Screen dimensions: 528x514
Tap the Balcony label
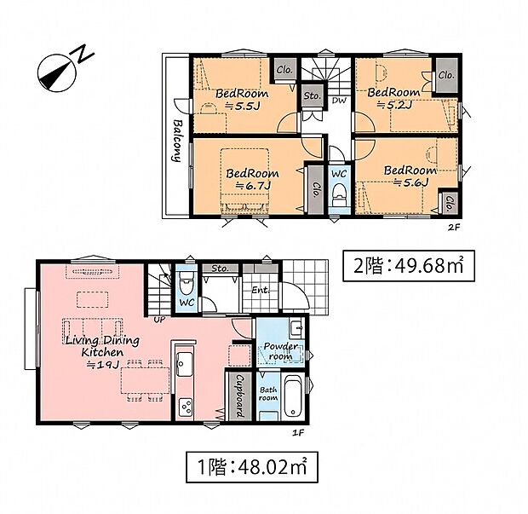coord(176,140)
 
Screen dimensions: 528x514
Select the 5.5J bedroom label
coord(242,100)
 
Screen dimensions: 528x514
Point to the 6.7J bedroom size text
coord(253,185)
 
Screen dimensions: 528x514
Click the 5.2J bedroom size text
coord(393,105)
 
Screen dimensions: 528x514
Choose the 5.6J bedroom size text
coord(410,182)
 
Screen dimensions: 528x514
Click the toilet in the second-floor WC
coord(339,194)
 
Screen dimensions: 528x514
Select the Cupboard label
coord(240,396)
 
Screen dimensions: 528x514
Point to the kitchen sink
coord(185,365)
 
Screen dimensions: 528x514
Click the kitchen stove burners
coord(185,406)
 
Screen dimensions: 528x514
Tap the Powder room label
coord(280,351)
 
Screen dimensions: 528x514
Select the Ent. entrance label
coord(261,290)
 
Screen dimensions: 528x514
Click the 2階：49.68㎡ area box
coord(409,266)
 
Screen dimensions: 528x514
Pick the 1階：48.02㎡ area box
coord(252,467)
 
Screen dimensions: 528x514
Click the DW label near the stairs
coord(340,101)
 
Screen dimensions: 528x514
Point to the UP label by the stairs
coord(159,320)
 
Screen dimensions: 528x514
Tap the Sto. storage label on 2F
coord(313,95)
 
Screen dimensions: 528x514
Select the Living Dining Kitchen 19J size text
coord(102,364)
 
